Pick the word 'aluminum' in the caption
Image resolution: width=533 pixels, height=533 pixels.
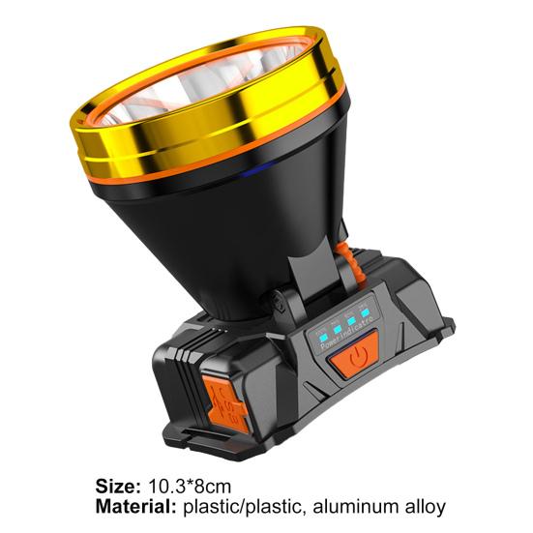coord(347,505)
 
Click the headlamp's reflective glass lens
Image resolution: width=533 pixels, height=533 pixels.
coord(208,92)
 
